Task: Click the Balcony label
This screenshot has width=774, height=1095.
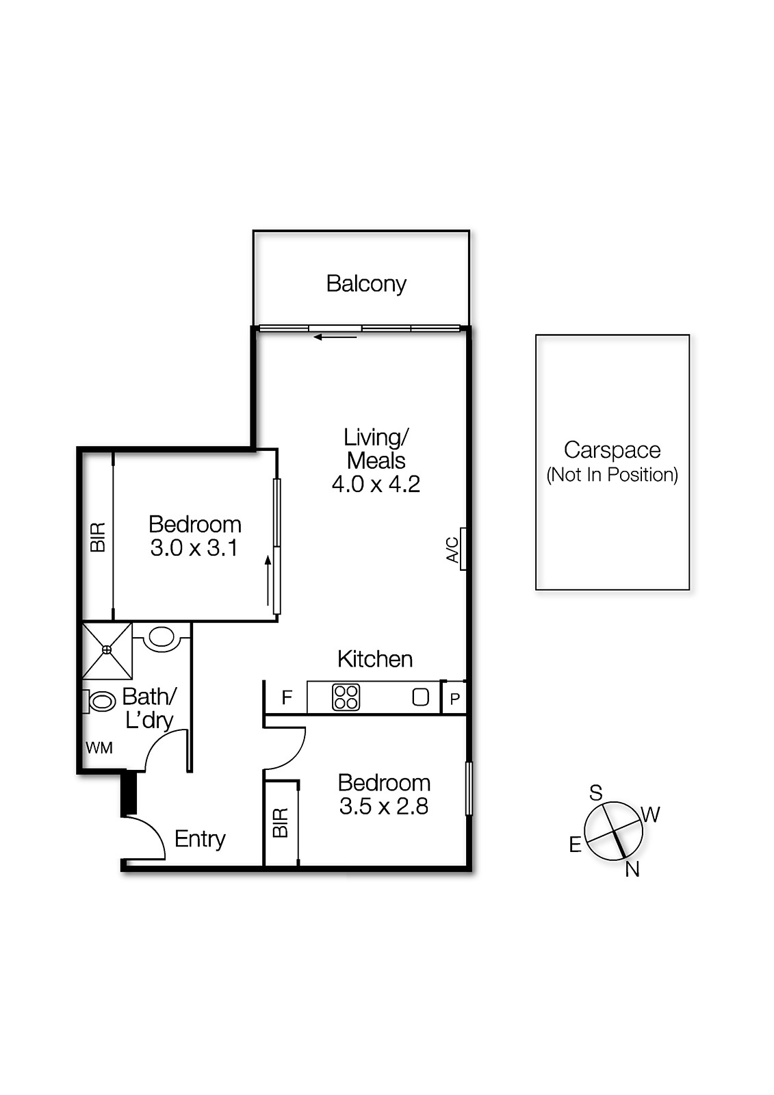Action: (366, 283)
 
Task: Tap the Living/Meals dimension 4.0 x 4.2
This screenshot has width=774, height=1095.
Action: (376, 485)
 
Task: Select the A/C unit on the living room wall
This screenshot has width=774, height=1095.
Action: (463, 549)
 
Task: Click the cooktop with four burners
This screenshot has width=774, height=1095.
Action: (346, 697)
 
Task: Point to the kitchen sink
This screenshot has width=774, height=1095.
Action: (420, 697)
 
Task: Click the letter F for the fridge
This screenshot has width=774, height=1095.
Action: (287, 697)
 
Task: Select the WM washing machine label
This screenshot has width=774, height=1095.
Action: (99, 748)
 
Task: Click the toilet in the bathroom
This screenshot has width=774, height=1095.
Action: (101, 701)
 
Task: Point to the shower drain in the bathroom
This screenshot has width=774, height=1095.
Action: (107, 649)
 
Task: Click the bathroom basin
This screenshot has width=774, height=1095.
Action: (162, 637)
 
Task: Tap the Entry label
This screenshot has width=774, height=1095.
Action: (200, 838)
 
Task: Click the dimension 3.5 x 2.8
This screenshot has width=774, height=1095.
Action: (383, 806)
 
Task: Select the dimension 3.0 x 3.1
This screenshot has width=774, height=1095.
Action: (194, 548)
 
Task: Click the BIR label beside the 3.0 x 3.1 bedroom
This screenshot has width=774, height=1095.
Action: (98, 537)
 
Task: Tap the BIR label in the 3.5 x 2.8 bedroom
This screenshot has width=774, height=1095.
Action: (281, 823)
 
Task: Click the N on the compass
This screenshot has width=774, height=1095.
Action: (632, 869)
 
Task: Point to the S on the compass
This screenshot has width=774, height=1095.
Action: (596, 793)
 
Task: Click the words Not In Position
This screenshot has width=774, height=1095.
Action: (612, 474)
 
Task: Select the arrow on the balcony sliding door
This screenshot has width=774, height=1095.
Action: (335, 337)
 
